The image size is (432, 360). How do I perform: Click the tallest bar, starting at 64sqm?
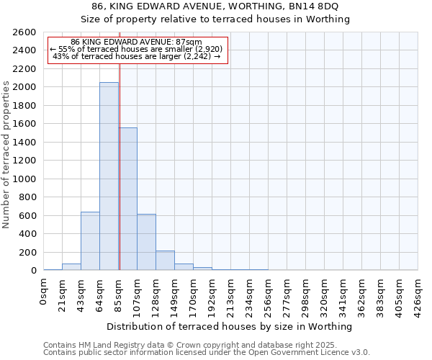(109, 176)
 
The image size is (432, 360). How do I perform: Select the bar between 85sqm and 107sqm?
(127, 199)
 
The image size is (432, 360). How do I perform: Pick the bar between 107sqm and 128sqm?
(146, 242)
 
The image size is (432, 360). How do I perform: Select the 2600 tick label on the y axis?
(24, 32)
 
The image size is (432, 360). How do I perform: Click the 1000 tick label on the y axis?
(24, 179)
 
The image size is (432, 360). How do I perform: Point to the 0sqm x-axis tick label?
(44, 293)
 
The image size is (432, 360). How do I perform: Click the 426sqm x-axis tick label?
(418, 296)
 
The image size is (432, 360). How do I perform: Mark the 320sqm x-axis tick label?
(325, 296)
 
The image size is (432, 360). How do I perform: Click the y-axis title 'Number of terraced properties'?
(6, 155)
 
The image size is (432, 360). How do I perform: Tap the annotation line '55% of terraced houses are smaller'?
(137, 49)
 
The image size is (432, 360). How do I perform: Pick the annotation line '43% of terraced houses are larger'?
(137, 56)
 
